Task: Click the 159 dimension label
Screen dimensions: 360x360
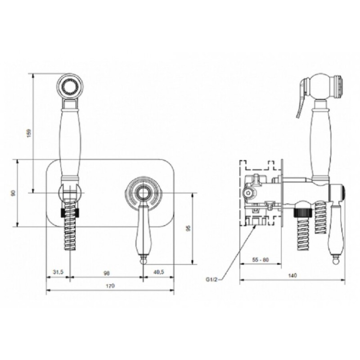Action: (29, 133)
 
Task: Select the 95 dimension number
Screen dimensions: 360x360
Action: (188, 228)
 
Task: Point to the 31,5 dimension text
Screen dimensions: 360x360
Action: (58, 272)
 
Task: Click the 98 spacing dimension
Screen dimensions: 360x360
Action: (107, 273)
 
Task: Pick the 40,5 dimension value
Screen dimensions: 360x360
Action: (159, 272)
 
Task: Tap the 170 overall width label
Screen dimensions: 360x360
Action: (110, 286)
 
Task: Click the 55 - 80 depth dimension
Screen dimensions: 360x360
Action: (261, 260)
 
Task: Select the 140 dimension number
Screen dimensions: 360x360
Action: (292, 275)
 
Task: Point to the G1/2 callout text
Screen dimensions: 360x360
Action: (211, 279)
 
